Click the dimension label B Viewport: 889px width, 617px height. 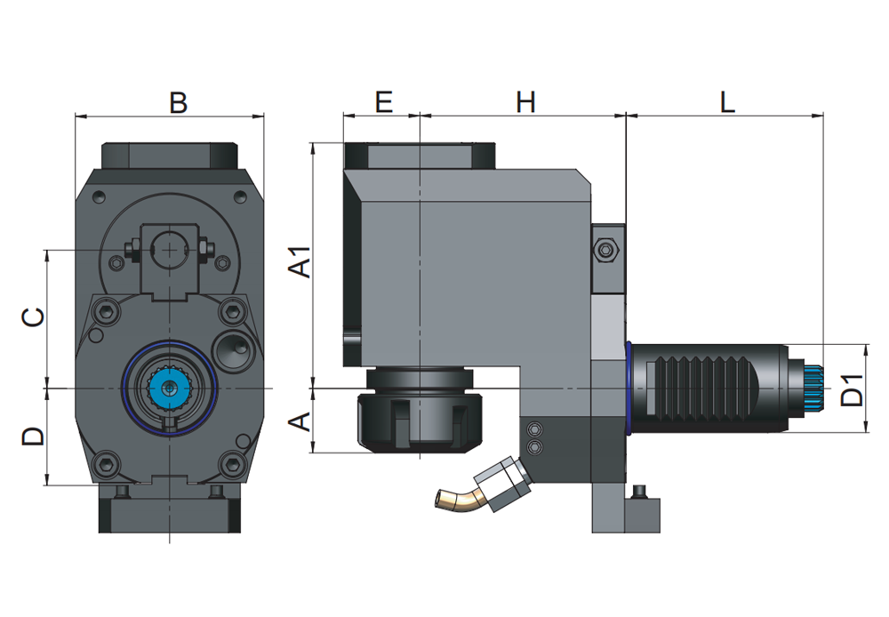tap(178, 102)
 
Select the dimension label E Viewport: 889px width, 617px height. tap(383, 102)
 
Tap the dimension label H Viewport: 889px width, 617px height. tap(526, 102)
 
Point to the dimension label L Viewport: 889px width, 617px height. tap(727, 102)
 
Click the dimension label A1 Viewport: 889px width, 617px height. tap(302, 260)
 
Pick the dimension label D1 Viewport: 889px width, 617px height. tap(853, 389)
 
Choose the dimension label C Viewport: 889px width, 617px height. tap(33, 317)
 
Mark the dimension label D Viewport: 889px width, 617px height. tap(33, 436)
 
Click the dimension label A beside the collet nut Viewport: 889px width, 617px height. tap(302, 421)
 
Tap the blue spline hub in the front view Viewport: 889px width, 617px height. tap(169, 389)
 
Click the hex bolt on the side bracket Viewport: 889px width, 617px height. tap(607, 251)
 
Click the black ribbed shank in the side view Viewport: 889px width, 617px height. tap(711, 389)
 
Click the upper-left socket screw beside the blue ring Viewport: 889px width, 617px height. tap(108, 310)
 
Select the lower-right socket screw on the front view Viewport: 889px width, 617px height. tap(232, 462)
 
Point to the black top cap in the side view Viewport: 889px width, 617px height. tap(420, 156)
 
